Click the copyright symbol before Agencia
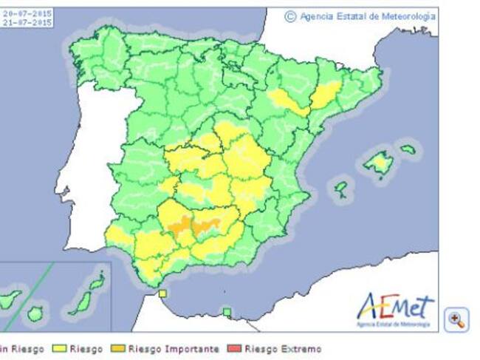[290, 16]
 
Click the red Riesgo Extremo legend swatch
[236, 349]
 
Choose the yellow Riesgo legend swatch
[58, 349]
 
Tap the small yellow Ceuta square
[162, 293]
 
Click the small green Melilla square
[227, 312]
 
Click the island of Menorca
[408, 149]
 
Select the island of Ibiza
[340, 189]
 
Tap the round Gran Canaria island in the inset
[35, 314]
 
